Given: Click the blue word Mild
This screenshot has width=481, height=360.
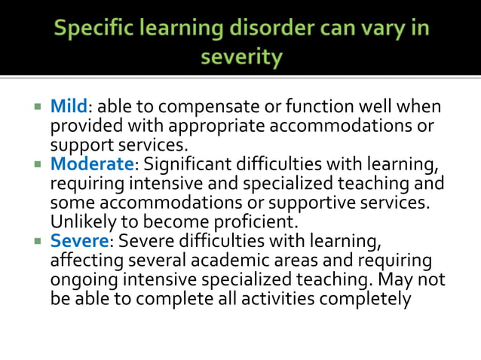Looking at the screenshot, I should coord(69,107).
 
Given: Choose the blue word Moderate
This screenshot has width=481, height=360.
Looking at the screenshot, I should coord(91,164).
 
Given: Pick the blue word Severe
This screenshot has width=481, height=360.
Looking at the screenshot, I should coord(80,242).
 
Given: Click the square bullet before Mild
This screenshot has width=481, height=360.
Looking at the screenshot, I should coord(37,106).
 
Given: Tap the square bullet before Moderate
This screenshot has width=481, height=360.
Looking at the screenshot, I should coord(37,164).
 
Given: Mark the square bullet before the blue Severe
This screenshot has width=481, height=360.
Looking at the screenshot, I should coord(37,242).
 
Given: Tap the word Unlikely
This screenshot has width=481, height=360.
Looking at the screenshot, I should coord(82,222).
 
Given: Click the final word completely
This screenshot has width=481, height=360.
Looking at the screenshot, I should coord(369,299).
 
